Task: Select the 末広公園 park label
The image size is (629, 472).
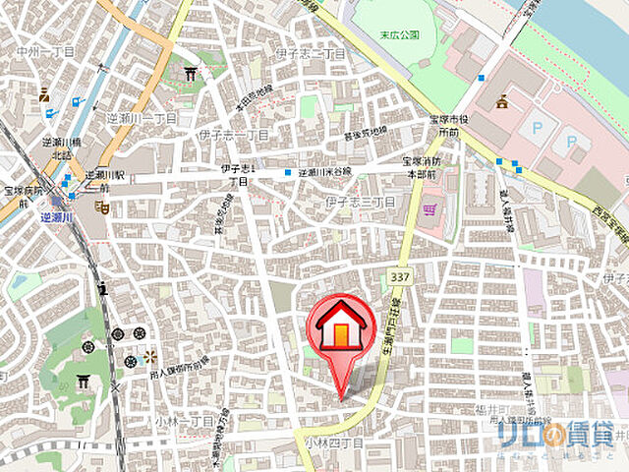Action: (400, 34)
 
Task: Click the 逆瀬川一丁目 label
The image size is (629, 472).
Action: (144, 118)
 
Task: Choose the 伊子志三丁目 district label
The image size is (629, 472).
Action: (360, 203)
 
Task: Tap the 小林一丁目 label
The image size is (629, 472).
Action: (184, 421)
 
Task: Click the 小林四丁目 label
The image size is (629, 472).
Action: (333, 444)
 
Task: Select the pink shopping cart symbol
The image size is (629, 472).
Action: (429, 209)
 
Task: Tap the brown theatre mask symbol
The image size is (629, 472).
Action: (100, 207)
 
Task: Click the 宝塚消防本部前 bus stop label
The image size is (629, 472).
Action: (424, 166)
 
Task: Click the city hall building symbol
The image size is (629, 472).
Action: (502, 101)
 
